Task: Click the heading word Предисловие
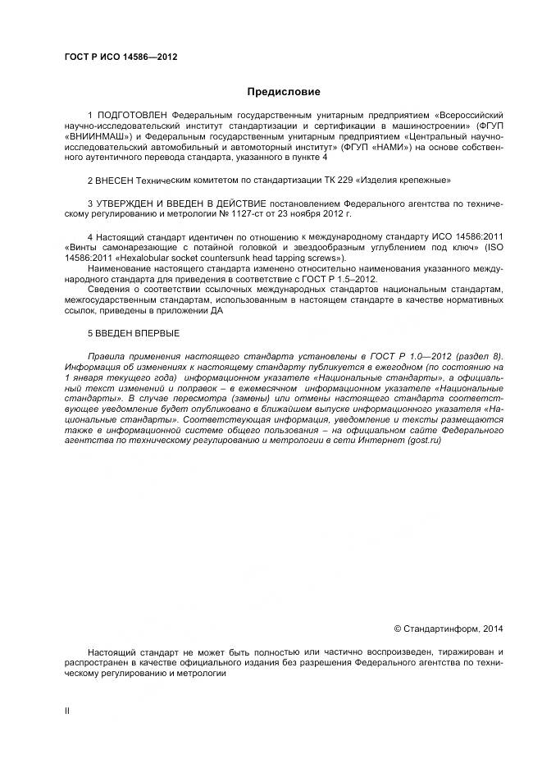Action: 284,92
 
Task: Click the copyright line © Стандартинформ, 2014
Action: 448,629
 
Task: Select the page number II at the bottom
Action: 67,711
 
